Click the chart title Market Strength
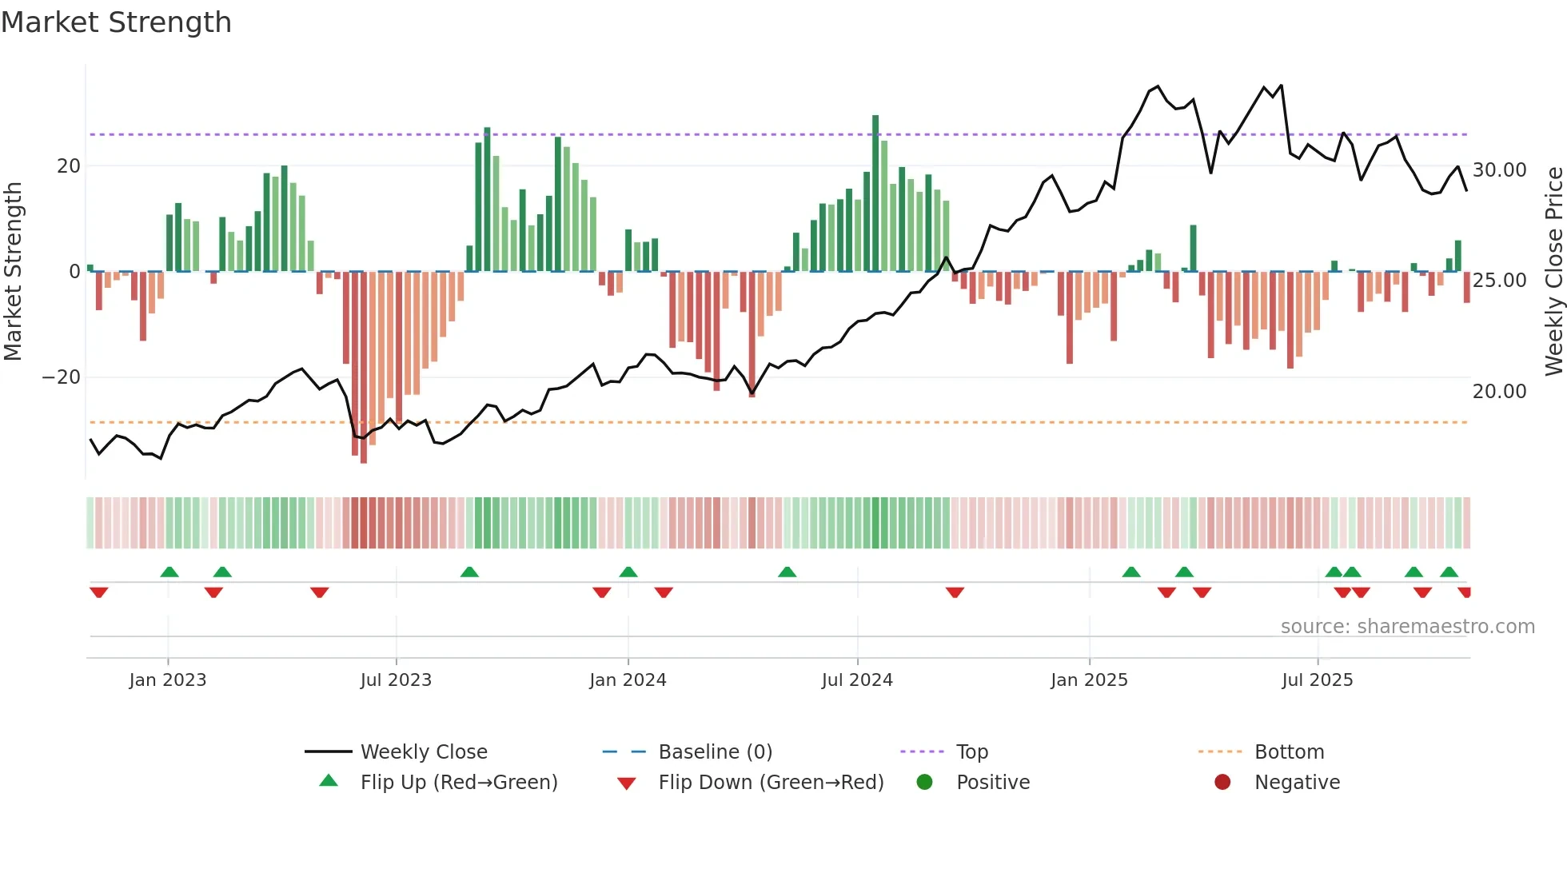pyautogui.click(x=116, y=22)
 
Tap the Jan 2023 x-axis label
pyautogui.click(x=168, y=680)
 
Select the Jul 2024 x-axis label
pyautogui.click(x=857, y=680)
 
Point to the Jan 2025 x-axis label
pyautogui.click(x=1089, y=680)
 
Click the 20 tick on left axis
pyautogui.click(x=69, y=166)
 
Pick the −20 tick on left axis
pyautogui.click(x=62, y=377)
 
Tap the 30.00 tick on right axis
pyautogui.click(x=1499, y=170)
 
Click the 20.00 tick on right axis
pyautogui.click(x=1499, y=392)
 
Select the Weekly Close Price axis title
pyautogui.click(x=1553, y=272)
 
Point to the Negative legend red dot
pyautogui.click(x=1222, y=783)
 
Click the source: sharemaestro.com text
pyautogui.click(x=1407, y=627)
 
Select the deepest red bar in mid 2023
pyautogui.click(x=364, y=368)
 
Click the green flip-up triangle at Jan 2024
pyautogui.click(x=628, y=572)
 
